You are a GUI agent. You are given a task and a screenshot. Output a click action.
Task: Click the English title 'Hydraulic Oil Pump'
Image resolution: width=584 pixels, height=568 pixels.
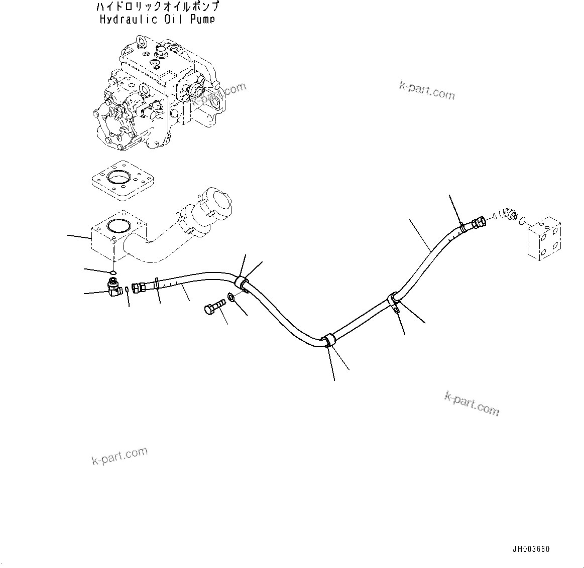coord(157,20)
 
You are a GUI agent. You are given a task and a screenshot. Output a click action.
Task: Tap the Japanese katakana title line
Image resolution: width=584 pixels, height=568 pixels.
coord(157,8)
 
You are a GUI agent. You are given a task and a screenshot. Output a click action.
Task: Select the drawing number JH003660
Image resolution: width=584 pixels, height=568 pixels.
coord(531,549)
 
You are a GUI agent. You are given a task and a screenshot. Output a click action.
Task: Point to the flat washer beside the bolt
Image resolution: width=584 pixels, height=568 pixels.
coord(232,298)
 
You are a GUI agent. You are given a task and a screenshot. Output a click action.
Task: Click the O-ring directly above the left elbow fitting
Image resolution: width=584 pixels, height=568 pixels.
coord(113,273)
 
